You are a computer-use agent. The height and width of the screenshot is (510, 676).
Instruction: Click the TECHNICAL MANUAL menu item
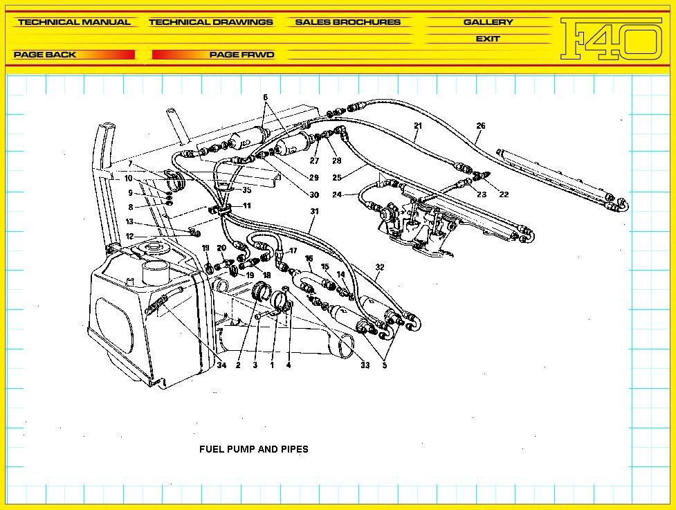coord(74,22)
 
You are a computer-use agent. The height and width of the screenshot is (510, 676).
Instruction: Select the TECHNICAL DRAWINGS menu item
coord(210,22)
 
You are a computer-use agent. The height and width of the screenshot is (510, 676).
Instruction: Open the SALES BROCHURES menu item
coord(347,22)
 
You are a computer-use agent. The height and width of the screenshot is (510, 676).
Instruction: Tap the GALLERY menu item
coord(488,22)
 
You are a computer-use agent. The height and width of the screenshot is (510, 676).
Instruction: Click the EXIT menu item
coord(488,39)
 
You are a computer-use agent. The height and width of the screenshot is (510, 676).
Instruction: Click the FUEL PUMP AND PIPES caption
coord(253,449)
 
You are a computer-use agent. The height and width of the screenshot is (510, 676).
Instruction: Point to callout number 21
coord(418,126)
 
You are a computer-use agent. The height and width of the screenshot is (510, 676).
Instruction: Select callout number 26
coord(481,126)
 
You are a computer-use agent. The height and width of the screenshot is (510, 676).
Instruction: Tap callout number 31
coord(314,212)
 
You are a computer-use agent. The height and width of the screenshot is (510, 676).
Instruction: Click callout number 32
coord(380,267)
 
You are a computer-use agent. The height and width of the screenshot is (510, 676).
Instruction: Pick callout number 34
coord(221,365)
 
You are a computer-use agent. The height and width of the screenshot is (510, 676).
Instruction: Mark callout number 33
coord(365,365)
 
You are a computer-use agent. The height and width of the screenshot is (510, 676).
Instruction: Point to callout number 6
coord(265,98)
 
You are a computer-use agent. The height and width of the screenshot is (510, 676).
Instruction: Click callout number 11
coord(247,206)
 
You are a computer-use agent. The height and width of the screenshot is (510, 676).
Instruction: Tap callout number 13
coord(129,222)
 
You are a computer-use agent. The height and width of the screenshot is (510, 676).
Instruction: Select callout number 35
coord(247,190)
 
